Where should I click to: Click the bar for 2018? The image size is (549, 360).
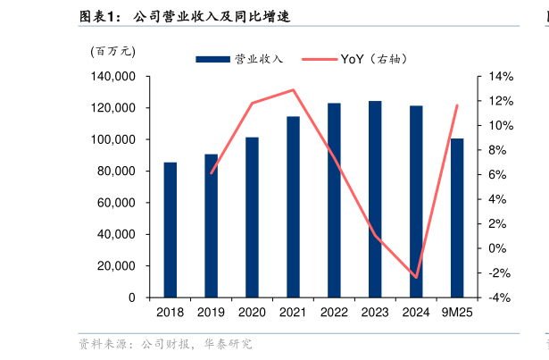170,230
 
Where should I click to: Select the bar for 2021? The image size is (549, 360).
293,206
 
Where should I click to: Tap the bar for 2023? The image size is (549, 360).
375,199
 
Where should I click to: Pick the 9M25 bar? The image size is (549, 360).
457,218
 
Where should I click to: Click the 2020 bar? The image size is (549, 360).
252,217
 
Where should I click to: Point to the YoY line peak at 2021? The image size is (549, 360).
293,89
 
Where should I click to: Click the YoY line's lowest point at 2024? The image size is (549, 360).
416,277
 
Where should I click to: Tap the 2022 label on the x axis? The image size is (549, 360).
334,313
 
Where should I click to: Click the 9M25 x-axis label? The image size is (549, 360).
457,313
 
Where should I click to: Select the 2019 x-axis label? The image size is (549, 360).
211,313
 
